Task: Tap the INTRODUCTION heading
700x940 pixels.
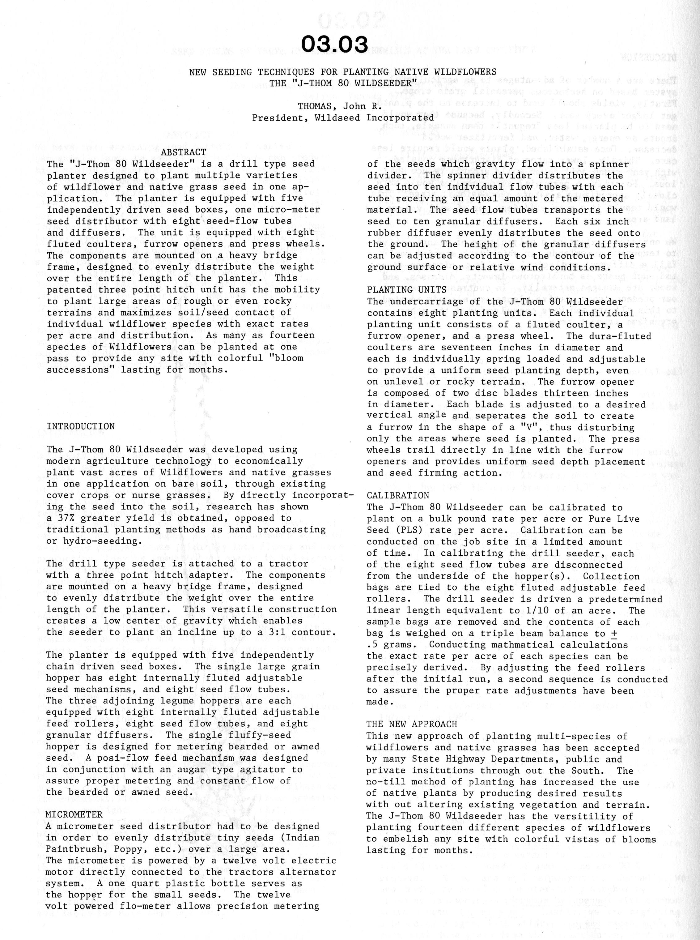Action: pos(81,426)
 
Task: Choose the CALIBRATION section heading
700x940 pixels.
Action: pos(398,496)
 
